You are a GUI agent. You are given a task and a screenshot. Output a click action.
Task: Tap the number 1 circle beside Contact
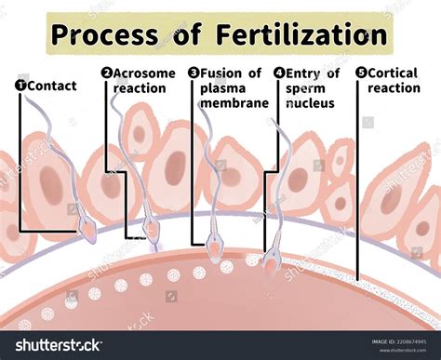[20, 86]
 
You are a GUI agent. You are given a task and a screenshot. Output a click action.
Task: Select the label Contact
[52, 86]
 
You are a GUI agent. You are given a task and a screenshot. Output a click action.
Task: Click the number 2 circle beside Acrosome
[107, 73]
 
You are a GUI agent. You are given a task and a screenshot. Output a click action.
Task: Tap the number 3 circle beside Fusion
[194, 73]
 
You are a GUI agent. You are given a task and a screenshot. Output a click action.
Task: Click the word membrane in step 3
[234, 102]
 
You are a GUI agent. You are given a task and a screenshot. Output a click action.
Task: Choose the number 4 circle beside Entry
[279, 73]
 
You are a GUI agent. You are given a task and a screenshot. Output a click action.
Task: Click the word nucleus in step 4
[309, 102]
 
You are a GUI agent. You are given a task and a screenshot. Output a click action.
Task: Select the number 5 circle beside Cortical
[361, 73]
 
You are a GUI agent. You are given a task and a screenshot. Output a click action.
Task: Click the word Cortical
[395, 73]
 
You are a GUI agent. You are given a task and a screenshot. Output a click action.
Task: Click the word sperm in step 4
[306, 87]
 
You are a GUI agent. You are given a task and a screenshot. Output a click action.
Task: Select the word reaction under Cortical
[394, 87]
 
